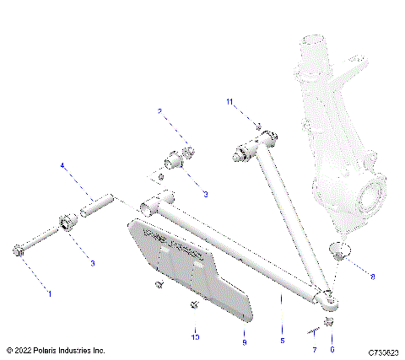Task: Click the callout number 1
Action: coord(48,293)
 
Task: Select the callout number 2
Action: coord(159,111)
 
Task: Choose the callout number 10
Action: coord(196,337)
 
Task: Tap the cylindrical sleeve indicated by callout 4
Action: coord(97,206)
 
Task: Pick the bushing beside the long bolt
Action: coord(65,224)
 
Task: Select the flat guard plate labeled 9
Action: coord(190,266)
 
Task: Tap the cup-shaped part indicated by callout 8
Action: coord(338,251)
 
